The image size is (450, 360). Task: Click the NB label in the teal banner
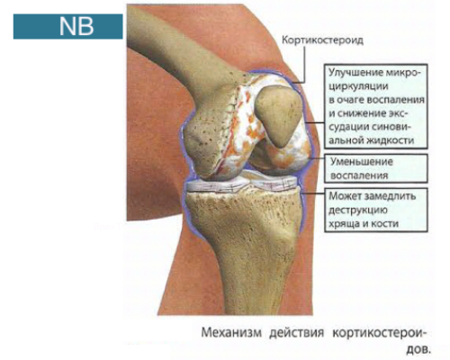click(x=76, y=26)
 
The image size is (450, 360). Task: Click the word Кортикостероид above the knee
click(x=322, y=40)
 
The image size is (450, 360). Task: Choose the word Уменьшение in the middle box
click(x=362, y=162)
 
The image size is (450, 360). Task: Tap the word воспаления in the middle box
click(x=359, y=175)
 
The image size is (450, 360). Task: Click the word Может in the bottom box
click(x=345, y=196)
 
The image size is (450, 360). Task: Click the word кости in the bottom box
click(x=386, y=224)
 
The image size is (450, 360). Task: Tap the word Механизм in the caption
click(x=231, y=333)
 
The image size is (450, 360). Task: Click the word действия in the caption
click(x=297, y=333)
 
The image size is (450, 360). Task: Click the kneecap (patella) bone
click(x=278, y=115)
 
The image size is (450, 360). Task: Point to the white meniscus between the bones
click(x=241, y=183)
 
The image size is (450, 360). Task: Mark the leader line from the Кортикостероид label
click(x=303, y=65)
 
